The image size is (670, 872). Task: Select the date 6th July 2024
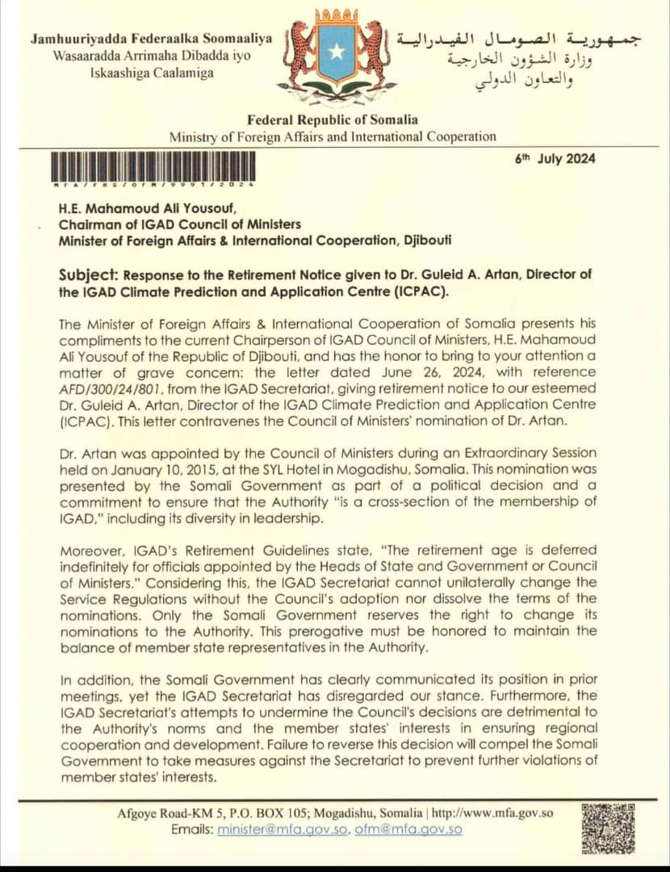555,158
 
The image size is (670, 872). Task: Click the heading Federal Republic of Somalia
333,120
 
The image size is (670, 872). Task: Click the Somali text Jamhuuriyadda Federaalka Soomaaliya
151,38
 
